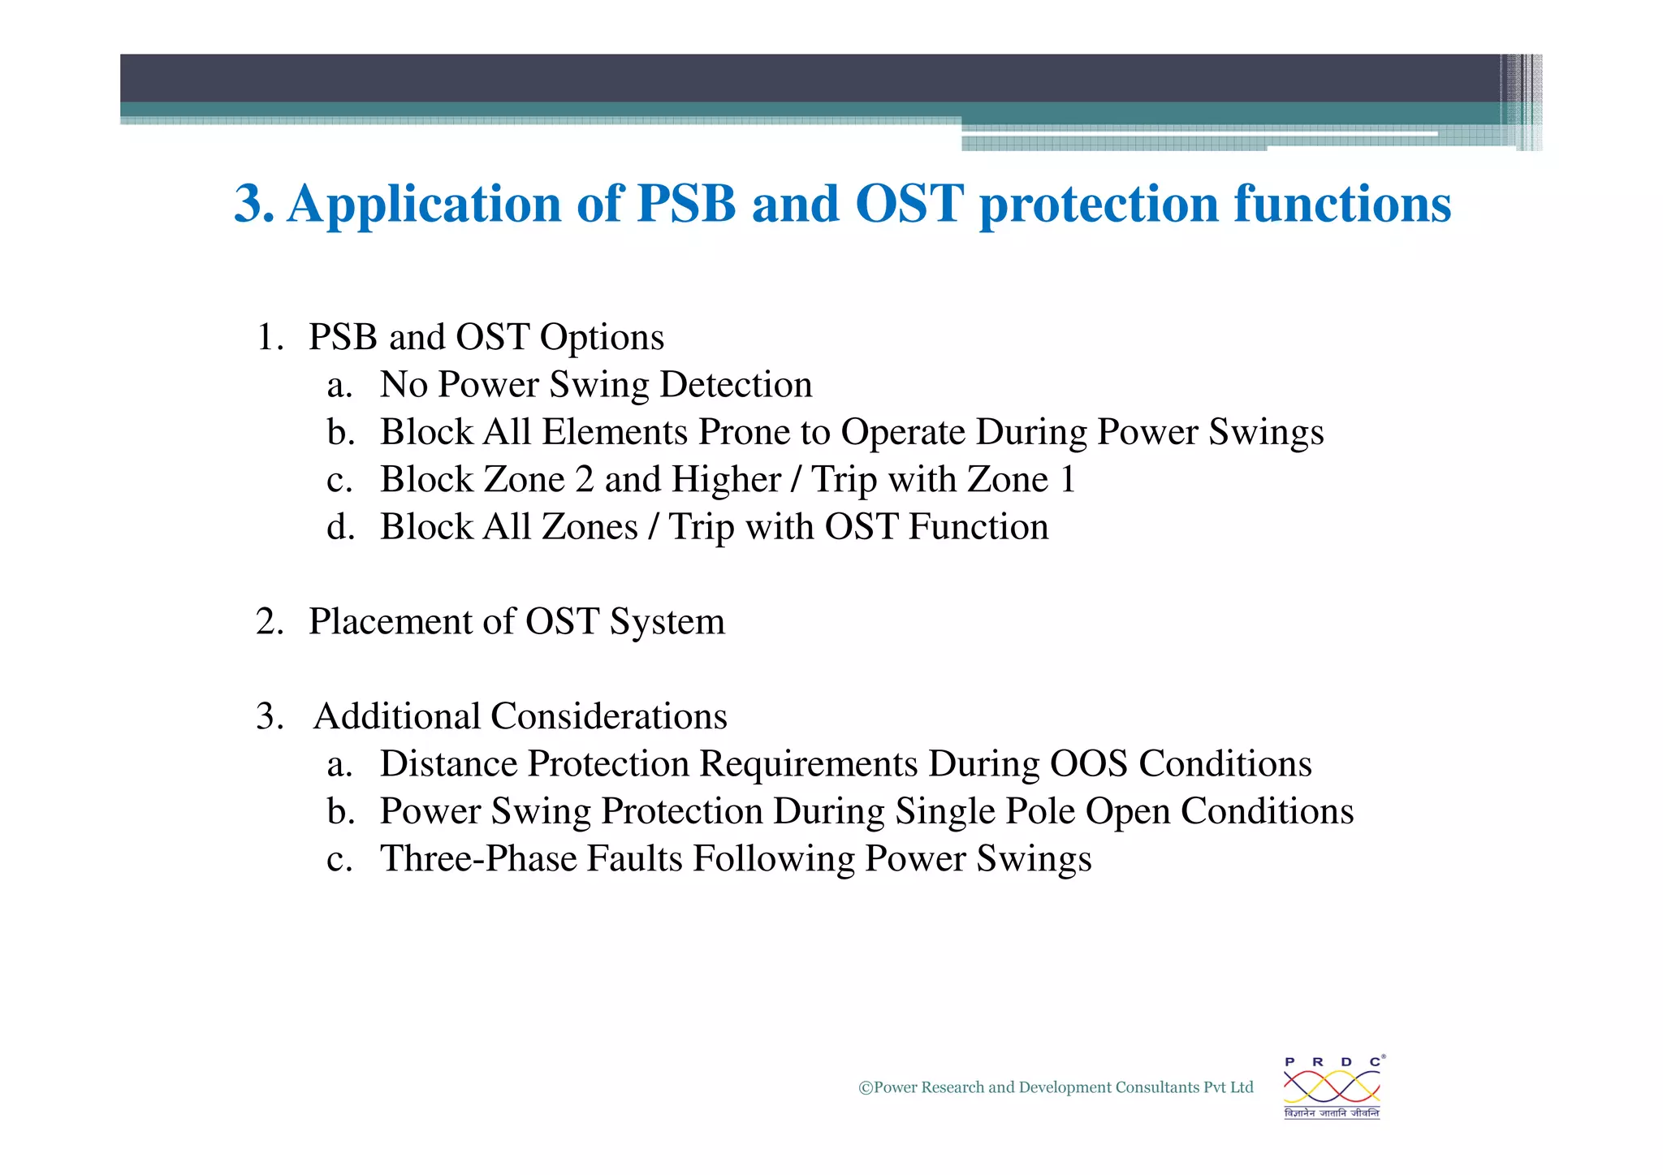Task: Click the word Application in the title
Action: tap(423, 205)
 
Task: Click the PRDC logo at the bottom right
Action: tap(1332, 1087)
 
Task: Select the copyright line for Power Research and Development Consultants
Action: tap(1056, 1087)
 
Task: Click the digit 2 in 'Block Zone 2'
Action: tap(584, 480)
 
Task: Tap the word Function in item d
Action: tap(978, 527)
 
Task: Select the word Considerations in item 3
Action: tap(609, 717)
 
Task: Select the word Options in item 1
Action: tap(602, 338)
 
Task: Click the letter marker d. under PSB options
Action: tap(340, 527)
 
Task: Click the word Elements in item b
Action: tap(615, 433)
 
